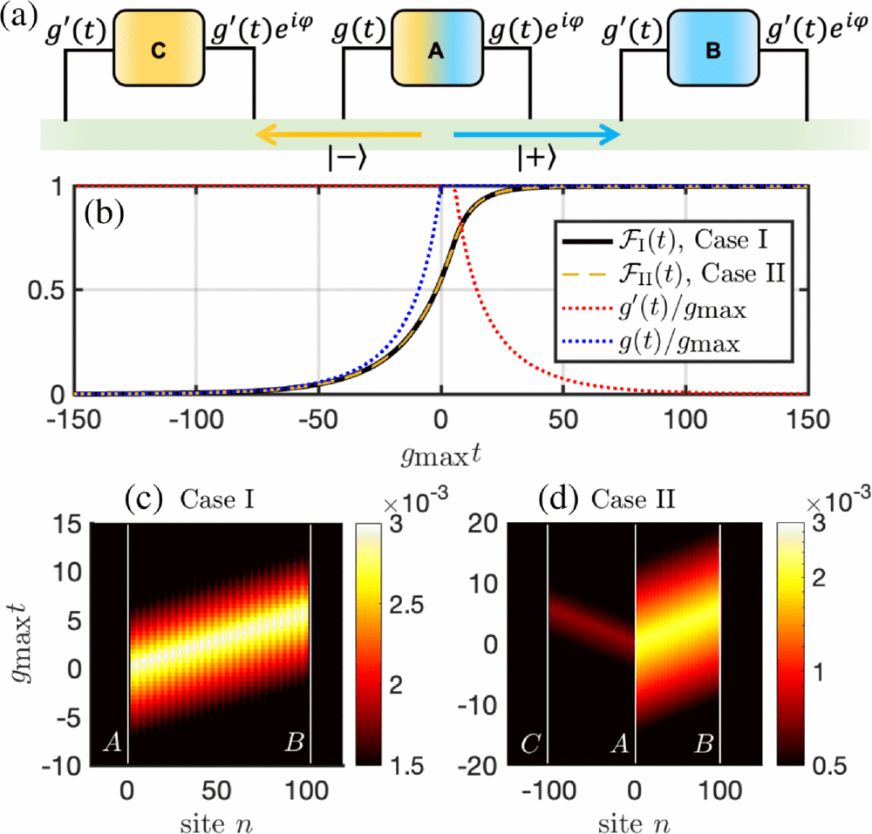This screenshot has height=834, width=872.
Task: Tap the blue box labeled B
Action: (712, 51)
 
